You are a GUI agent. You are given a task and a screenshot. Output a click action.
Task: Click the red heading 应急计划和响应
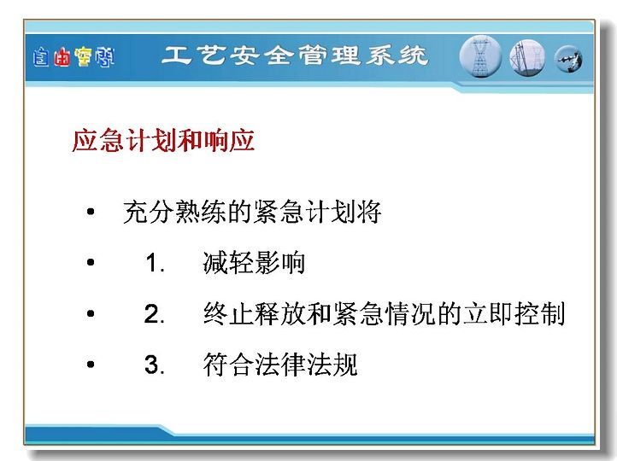(163, 140)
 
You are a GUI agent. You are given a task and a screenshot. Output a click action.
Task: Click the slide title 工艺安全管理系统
(295, 55)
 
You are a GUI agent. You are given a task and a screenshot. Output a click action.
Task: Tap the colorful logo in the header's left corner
(73, 57)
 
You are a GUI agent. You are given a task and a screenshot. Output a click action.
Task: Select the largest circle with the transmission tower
(480, 56)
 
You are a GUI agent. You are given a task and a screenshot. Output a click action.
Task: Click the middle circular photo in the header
(527, 58)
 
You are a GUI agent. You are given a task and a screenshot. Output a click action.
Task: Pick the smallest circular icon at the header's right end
(568, 60)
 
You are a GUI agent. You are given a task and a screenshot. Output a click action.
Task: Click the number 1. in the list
(155, 263)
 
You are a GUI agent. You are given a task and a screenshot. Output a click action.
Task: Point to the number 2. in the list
(154, 314)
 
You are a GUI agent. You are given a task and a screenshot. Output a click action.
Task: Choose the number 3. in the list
(154, 365)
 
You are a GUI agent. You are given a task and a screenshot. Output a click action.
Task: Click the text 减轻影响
(254, 263)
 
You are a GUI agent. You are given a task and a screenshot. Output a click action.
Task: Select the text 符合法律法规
(280, 365)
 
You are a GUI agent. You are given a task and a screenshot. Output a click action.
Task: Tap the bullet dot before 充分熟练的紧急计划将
(91, 212)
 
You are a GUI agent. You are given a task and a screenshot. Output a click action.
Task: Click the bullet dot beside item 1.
(91, 262)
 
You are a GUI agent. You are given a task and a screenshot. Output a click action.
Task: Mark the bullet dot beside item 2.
(91, 313)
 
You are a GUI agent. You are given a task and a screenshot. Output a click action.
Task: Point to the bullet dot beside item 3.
(91, 365)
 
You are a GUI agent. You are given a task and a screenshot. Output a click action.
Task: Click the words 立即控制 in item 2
(514, 313)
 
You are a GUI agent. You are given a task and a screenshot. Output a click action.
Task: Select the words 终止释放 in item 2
(254, 313)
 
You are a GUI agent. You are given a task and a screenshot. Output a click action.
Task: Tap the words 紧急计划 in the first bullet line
(305, 212)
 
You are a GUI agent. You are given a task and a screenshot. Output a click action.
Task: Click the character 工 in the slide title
(175, 55)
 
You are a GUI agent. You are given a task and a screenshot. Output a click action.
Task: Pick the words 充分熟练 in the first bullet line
(174, 212)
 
